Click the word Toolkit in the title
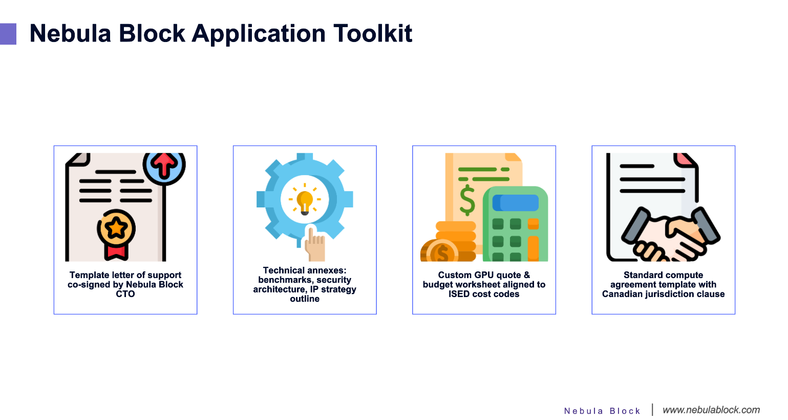click(x=373, y=34)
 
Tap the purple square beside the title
click(x=8, y=34)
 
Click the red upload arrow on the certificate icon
click(x=164, y=164)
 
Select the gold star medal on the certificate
click(x=116, y=228)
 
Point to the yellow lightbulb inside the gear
click(x=305, y=202)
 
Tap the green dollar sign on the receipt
click(x=467, y=200)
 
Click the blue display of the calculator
click(x=516, y=203)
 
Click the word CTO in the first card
click(x=125, y=294)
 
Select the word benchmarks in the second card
click(x=282, y=280)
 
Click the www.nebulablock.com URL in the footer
click(x=711, y=410)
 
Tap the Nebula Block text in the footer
click(x=602, y=411)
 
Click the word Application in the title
click(x=259, y=34)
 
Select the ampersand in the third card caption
click(x=526, y=275)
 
